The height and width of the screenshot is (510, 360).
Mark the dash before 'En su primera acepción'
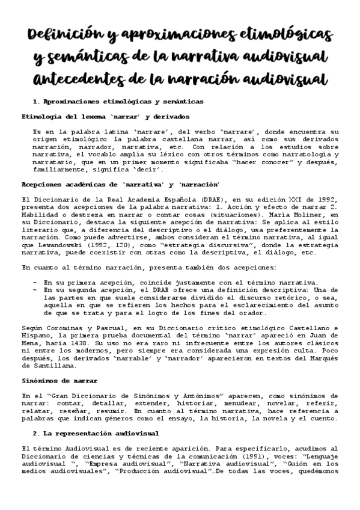coord(35,282)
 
